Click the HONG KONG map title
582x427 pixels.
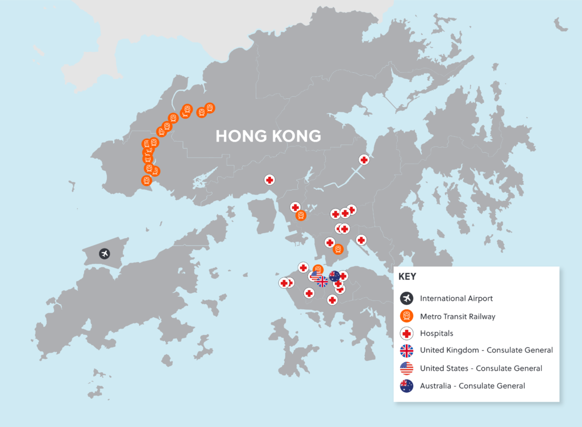pos(268,136)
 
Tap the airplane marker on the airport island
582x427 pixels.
pos(104,254)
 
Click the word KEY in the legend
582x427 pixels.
pos(408,277)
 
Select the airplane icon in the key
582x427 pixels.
pos(406,298)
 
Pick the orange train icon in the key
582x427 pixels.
pos(406,316)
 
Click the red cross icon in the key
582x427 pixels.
pos(406,334)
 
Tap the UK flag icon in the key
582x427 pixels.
pos(406,351)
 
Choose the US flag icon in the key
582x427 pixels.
pos(406,368)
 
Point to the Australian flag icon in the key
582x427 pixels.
pos(406,386)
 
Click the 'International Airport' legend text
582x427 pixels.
pos(456,298)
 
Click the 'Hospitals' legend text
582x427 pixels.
pos(436,334)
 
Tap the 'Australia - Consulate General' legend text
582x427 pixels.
pos(472,386)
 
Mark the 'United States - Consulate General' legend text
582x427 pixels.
pos(481,368)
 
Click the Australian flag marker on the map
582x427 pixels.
pos(334,276)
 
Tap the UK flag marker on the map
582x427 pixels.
pos(322,281)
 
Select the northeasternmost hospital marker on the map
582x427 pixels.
pos(364,160)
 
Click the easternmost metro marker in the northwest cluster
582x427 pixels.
pos(209,107)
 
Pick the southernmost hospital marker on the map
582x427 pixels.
pos(332,300)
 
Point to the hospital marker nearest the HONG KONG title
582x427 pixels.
pos(269,180)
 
